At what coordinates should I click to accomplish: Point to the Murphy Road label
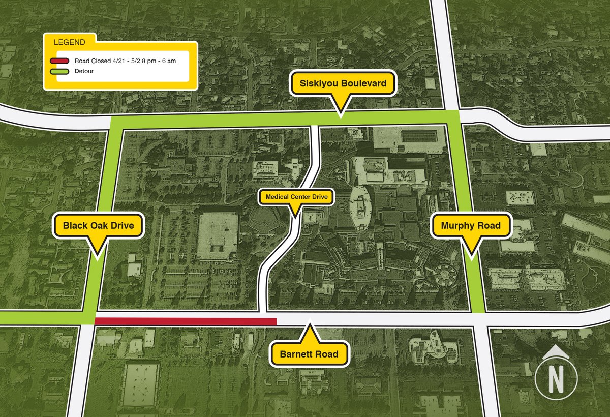coord(471,225)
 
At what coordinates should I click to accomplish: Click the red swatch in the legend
coord(59,61)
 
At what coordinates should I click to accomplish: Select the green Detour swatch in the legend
coord(59,71)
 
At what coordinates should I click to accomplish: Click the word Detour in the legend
coord(84,71)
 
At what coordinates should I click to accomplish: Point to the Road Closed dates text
coord(125,61)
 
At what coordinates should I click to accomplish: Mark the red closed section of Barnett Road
coord(186,321)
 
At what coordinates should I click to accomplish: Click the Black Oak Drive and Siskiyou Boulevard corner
coord(115,123)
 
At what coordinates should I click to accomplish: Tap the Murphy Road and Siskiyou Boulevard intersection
coord(452,118)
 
